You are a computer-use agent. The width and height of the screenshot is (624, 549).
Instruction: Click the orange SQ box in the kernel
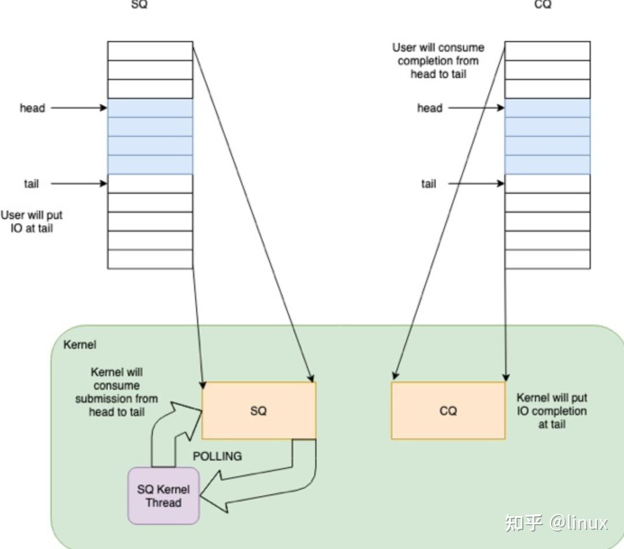[259, 410]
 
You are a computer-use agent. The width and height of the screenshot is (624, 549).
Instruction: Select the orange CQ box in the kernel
[448, 410]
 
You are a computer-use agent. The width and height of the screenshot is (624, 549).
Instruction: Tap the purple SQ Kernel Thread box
[164, 496]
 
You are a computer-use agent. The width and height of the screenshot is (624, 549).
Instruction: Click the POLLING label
[217, 456]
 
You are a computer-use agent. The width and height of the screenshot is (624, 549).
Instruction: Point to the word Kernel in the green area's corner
[80, 344]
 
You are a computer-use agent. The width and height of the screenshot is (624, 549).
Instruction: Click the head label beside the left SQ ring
[32, 108]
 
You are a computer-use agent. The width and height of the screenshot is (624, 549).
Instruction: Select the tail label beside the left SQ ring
[31, 184]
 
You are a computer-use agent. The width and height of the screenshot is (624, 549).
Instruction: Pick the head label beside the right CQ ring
[430, 108]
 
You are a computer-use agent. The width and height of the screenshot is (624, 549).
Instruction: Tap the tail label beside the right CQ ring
[429, 184]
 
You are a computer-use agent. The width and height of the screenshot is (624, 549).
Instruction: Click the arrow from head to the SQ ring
[79, 108]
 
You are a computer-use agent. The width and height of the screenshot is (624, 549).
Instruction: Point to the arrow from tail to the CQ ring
[476, 184]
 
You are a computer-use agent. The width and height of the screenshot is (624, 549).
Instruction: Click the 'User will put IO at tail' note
[31, 222]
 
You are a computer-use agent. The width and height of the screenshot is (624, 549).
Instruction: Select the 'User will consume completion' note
[438, 61]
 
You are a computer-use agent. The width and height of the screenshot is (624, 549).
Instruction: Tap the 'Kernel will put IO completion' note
[552, 410]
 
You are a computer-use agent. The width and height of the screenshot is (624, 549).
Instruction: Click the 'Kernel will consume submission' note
[117, 392]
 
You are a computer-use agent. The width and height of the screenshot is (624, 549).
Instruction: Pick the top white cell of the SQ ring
[150, 51]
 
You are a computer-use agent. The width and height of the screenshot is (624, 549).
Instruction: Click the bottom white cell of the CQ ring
[548, 259]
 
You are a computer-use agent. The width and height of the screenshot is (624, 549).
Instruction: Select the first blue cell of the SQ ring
[150, 108]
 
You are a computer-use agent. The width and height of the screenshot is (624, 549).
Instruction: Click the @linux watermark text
[579, 522]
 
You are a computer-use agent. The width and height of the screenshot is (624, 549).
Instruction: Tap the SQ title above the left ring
[139, 5]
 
